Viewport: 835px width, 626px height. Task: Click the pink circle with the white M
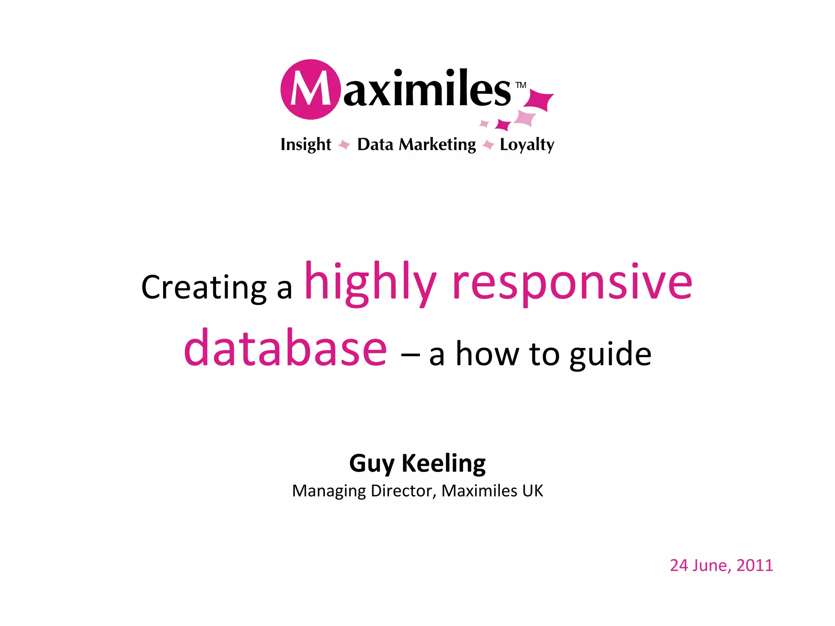point(311,89)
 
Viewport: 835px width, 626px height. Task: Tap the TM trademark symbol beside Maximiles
point(521,85)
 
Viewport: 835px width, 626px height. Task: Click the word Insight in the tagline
point(306,145)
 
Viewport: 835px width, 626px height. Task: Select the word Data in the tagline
point(375,144)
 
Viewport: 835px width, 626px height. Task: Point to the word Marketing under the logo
point(437,145)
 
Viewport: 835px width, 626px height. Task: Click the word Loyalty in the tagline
point(527,145)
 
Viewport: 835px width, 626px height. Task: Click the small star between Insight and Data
point(345,144)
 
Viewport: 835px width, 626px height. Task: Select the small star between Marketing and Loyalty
point(488,144)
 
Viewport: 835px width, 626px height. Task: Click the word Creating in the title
point(204,288)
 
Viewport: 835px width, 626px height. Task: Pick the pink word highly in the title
point(370,283)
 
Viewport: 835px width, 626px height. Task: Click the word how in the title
point(487,354)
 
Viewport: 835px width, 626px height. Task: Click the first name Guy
point(371,464)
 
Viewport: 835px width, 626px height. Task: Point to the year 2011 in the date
point(755,565)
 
